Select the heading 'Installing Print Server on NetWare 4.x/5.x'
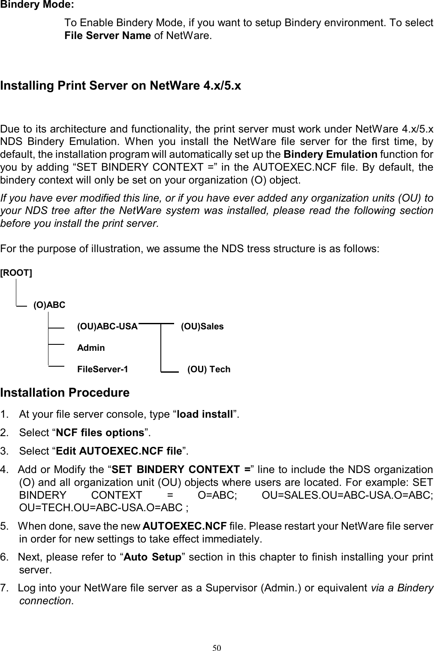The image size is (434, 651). [x=121, y=86]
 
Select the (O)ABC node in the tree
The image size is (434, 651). [x=49, y=305]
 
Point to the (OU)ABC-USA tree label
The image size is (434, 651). [x=107, y=326]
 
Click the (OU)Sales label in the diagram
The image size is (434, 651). [x=202, y=326]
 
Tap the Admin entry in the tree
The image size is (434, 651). [x=90, y=348]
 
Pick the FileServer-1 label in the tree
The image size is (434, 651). [x=102, y=369]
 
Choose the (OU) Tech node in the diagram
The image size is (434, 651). [x=209, y=369]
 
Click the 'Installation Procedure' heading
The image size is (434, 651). [x=65, y=393]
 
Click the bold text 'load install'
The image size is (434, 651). [x=205, y=415]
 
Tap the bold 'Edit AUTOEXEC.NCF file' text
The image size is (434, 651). [x=119, y=452]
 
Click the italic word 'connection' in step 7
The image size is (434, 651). [x=45, y=601]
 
